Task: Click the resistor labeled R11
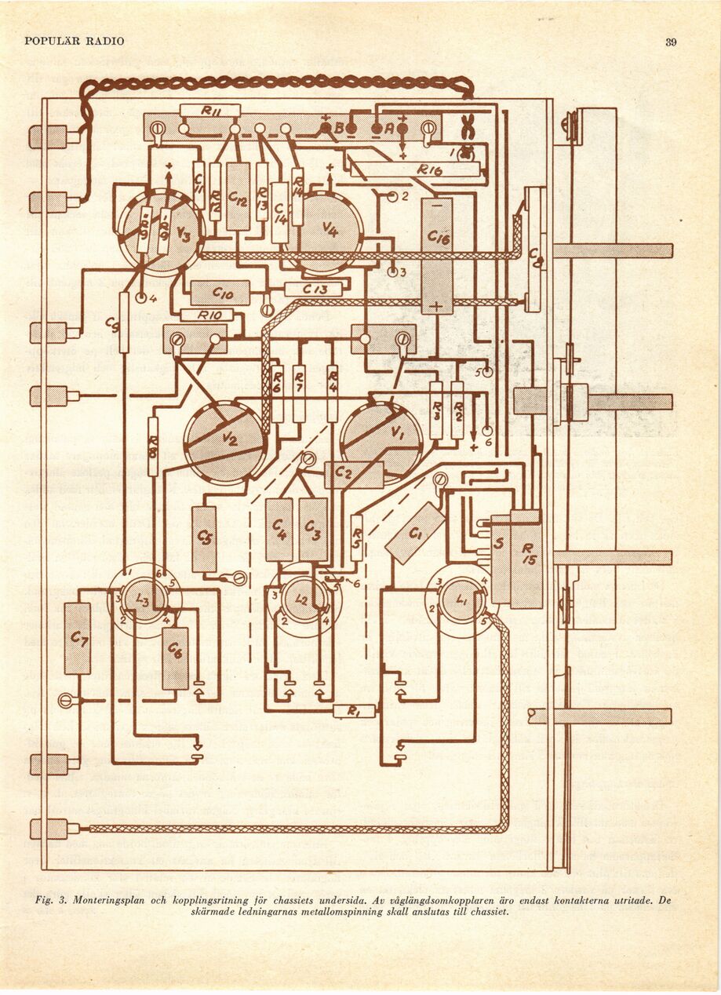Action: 210,111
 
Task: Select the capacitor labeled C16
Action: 437,255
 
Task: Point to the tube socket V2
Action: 225,442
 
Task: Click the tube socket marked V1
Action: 381,439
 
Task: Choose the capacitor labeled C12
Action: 238,196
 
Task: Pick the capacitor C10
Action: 220,293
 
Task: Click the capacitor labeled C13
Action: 313,289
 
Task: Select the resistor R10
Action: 207,315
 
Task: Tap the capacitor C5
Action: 204,538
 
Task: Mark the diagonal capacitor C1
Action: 415,533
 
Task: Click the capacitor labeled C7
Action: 78,638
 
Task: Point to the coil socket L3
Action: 144,600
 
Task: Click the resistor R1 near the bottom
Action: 354,711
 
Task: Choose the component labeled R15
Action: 526,559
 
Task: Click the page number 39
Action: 671,42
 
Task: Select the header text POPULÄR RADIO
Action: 75,41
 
